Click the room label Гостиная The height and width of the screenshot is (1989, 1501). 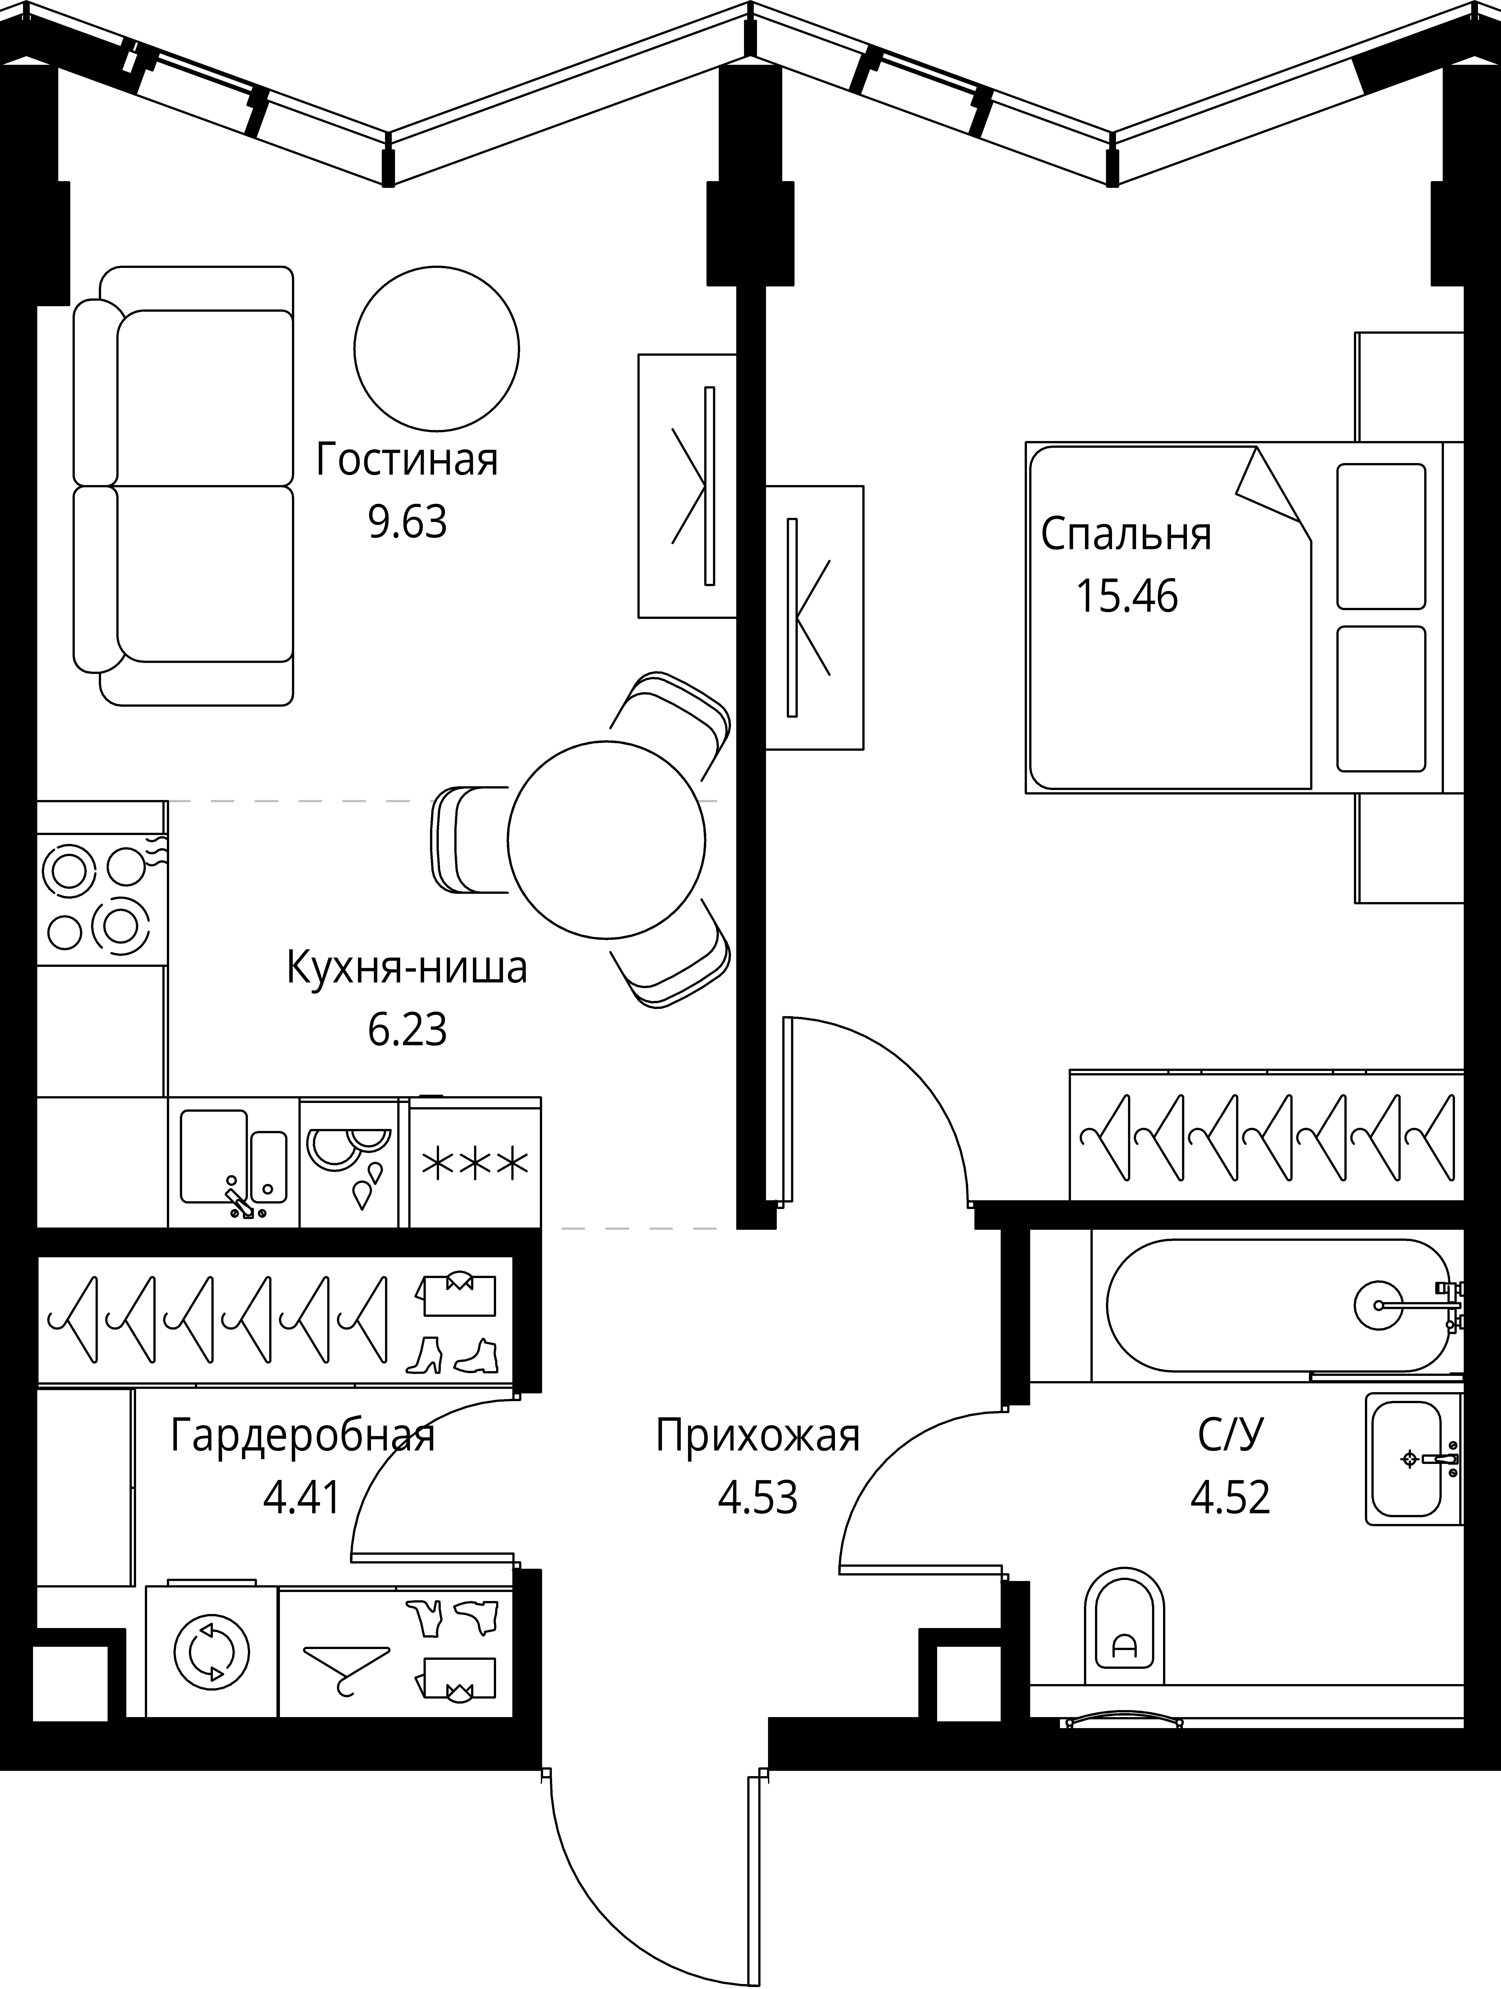[x=407, y=460]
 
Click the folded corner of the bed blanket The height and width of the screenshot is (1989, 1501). [x=1268, y=486]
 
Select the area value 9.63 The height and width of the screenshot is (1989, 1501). [x=407, y=522]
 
